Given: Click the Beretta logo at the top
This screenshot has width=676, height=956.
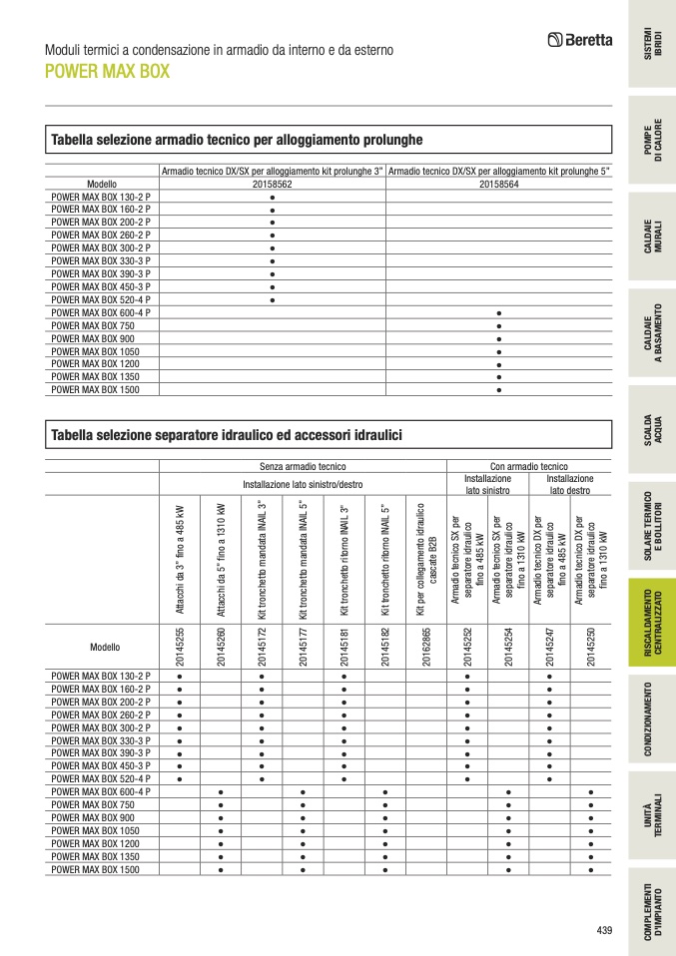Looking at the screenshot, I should tap(580, 41).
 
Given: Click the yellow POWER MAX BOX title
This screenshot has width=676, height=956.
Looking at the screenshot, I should tap(107, 72).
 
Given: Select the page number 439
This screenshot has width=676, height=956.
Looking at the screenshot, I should tap(603, 930).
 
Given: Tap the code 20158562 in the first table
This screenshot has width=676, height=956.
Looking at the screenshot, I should tap(273, 185).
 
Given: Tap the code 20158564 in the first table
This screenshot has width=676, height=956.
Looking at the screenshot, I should tap(498, 185).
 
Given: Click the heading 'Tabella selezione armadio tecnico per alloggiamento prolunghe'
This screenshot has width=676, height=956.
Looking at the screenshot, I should tap(237, 139).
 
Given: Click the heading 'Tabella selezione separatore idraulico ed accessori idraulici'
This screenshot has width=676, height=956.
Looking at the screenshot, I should tap(226, 434).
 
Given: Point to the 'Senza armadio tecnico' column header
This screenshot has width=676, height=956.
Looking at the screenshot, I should tap(303, 466).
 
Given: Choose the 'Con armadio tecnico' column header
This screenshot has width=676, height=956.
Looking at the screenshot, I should tap(528, 466).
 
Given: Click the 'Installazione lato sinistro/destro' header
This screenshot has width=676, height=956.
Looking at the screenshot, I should tap(303, 484).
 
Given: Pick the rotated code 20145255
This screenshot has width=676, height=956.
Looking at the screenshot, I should tap(180, 647).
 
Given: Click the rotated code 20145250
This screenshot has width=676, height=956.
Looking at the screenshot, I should tap(590, 647).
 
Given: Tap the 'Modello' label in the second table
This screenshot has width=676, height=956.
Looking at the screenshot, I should tap(104, 648).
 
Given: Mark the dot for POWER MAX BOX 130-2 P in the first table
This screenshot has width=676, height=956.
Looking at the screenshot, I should tap(273, 198).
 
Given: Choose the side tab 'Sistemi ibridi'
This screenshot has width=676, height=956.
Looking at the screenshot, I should tap(651, 45).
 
